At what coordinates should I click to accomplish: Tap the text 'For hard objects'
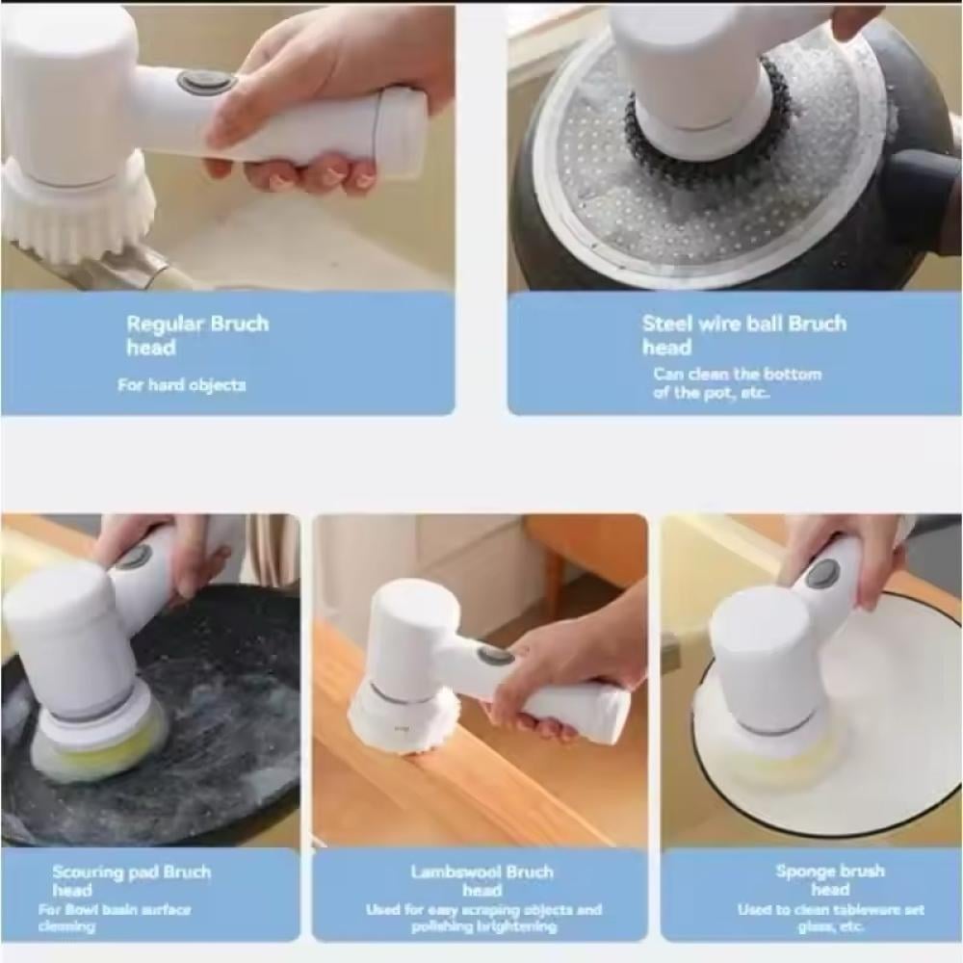[x=182, y=385]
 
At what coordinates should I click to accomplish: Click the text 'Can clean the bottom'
[x=737, y=374]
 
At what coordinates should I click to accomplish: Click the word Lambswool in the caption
[x=451, y=872]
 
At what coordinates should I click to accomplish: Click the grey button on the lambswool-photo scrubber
[x=496, y=655]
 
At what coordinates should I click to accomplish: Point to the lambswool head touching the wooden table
[x=403, y=718]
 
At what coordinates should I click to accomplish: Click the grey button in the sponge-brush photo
[x=823, y=576]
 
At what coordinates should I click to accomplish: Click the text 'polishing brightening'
[x=484, y=926]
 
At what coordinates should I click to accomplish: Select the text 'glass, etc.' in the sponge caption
[x=831, y=926]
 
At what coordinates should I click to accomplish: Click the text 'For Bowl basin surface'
[x=115, y=909]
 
